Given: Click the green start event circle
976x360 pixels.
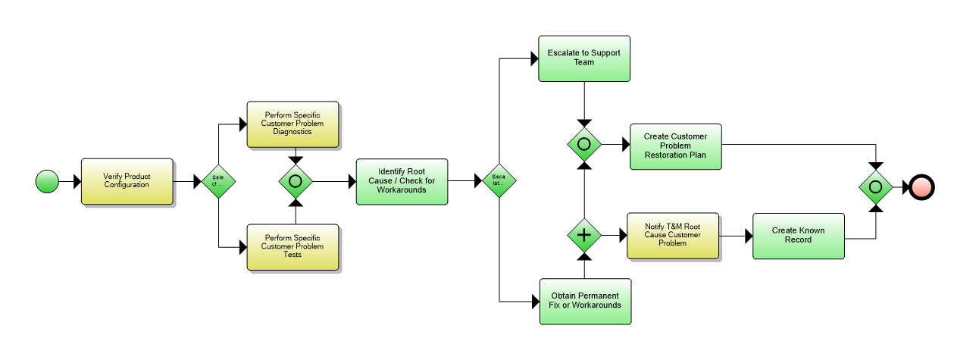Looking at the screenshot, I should pos(47,181).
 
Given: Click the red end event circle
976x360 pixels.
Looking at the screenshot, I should pos(923,186).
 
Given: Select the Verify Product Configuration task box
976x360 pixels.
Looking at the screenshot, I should pos(127,181).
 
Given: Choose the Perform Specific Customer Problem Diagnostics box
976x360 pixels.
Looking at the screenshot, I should pos(292,124).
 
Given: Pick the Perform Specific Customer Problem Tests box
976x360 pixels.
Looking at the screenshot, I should pos(292,246).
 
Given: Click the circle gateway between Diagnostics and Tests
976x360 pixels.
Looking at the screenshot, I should pos(296,181).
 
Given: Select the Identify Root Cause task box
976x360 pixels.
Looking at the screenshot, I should pos(402,181).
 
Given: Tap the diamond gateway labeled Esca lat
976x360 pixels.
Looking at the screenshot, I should pos(499,181).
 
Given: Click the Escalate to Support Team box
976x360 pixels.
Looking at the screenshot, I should pos(584,58).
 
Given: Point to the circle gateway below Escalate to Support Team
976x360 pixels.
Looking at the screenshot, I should pos(584,144).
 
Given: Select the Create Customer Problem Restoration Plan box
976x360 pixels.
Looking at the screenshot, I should pos(675,146).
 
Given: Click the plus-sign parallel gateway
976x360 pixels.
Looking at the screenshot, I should pos(584,236).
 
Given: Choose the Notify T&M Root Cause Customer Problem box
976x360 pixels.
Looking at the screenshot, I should pos(673,236).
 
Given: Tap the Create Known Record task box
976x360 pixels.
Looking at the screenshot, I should pos(798,236).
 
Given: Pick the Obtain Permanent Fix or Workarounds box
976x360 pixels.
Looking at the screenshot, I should pos(584,301).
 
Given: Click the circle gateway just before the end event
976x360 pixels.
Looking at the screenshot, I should pos(875,186).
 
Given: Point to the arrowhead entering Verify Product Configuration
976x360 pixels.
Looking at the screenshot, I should pos(77,181).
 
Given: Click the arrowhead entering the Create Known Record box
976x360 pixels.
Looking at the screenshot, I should pos(748,236).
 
